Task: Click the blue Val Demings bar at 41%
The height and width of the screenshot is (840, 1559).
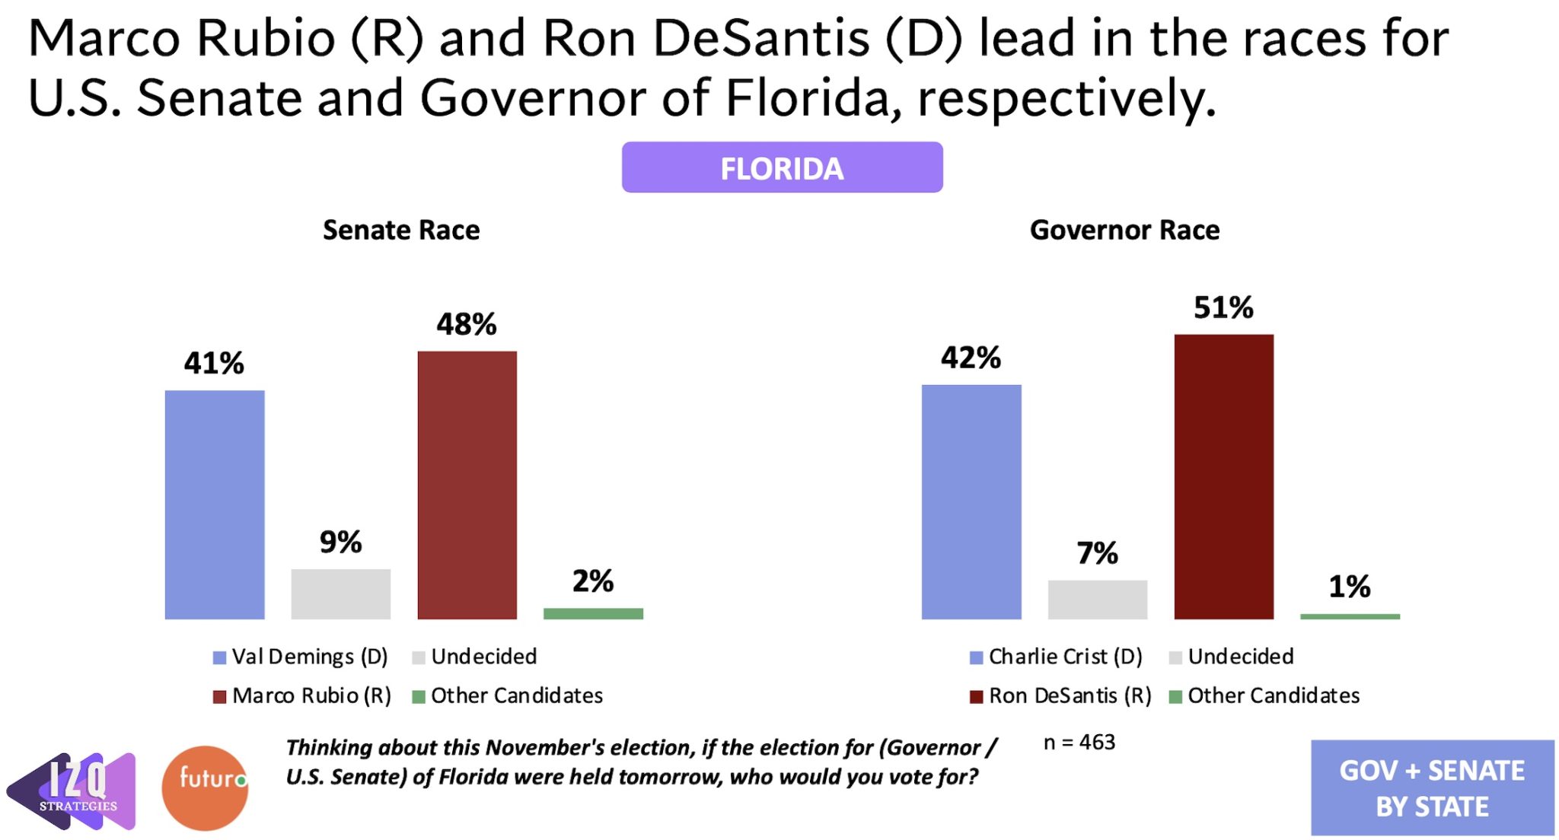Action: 215,504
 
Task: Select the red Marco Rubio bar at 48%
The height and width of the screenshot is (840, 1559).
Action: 467,485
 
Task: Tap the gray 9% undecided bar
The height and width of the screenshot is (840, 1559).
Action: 340,593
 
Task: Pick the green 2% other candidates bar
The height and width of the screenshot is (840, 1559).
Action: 593,613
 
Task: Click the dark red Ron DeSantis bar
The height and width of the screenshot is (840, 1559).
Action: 1223,476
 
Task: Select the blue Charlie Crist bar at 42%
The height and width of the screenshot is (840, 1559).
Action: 971,501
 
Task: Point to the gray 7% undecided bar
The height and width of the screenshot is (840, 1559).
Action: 1097,600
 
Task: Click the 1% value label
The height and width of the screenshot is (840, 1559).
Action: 1349,587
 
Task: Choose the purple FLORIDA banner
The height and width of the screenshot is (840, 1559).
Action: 782,167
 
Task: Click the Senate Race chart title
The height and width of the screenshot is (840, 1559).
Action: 401,230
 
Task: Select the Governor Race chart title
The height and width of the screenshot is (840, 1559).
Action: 1124,230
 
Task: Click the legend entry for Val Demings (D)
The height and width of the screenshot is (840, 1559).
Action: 301,657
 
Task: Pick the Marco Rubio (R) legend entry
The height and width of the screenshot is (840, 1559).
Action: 302,695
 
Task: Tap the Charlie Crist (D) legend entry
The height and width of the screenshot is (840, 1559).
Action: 1057,657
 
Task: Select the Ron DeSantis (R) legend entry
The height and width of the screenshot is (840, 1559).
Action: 1060,695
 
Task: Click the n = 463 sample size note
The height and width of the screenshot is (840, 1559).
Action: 1079,743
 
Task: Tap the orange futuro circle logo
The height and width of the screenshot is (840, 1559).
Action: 205,787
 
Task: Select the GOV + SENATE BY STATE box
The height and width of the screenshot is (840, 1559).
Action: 1432,787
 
